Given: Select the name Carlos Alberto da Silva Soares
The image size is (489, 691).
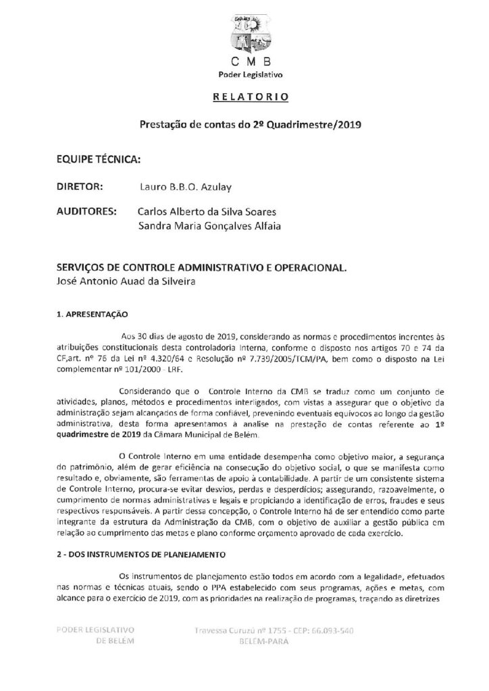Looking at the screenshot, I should click(x=207, y=213).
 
